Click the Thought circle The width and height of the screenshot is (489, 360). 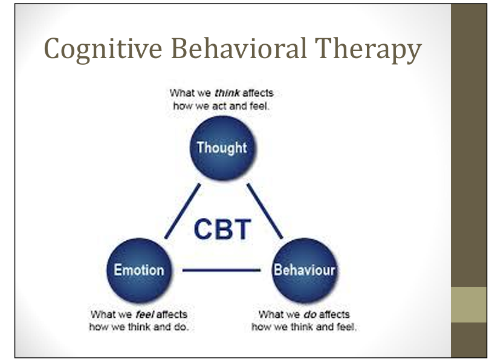click(x=222, y=148)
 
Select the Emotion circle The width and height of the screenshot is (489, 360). click(x=138, y=269)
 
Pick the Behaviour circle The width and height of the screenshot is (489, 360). click(x=304, y=269)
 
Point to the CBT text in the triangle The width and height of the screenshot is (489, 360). click(x=222, y=229)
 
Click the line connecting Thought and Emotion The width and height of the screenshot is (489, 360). click(x=183, y=211)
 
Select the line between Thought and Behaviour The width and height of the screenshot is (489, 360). click(x=264, y=211)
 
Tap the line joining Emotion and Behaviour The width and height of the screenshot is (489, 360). click(x=221, y=270)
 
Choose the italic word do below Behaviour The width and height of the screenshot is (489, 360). click(x=310, y=315)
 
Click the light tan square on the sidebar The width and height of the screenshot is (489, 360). click(x=470, y=304)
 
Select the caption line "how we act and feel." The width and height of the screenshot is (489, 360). click(x=222, y=105)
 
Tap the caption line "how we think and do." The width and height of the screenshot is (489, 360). click(x=138, y=327)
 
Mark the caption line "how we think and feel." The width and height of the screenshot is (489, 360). click(x=304, y=327)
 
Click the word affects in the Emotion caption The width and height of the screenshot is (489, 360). click(x=172, y=315)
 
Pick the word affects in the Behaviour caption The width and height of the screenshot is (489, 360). click(x=334, y=315)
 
